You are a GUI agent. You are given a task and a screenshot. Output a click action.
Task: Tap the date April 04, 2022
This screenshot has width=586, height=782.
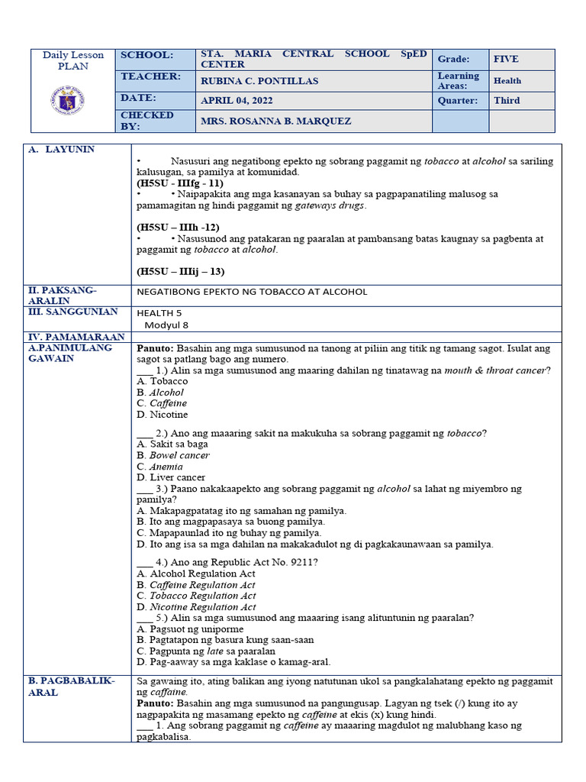click(x=237, y=100)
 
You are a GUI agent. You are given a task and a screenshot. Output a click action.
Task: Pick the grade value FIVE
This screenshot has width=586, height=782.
click(x=506, y=59)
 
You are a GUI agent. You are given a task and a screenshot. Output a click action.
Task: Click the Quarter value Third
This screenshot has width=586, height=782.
click(x=507, y=100)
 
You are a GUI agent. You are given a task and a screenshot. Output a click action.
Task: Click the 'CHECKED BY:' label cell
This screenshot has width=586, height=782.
click(x=147, y=121)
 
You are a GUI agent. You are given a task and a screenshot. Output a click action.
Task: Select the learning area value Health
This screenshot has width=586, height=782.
click(x=507, y=80)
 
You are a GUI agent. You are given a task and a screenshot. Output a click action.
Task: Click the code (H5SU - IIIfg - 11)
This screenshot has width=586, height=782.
click(x=180, y=183)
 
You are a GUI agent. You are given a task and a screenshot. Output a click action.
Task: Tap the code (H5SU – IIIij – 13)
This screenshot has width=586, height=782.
click(x=181, y=271)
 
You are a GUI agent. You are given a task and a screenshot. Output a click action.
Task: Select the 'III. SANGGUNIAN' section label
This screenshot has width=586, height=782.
click(x=73, y=312)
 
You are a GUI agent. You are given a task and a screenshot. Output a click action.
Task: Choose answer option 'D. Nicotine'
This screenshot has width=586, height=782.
click(x=162, y=415)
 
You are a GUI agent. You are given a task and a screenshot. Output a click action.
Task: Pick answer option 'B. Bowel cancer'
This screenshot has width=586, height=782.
click(x=173, y=455)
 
